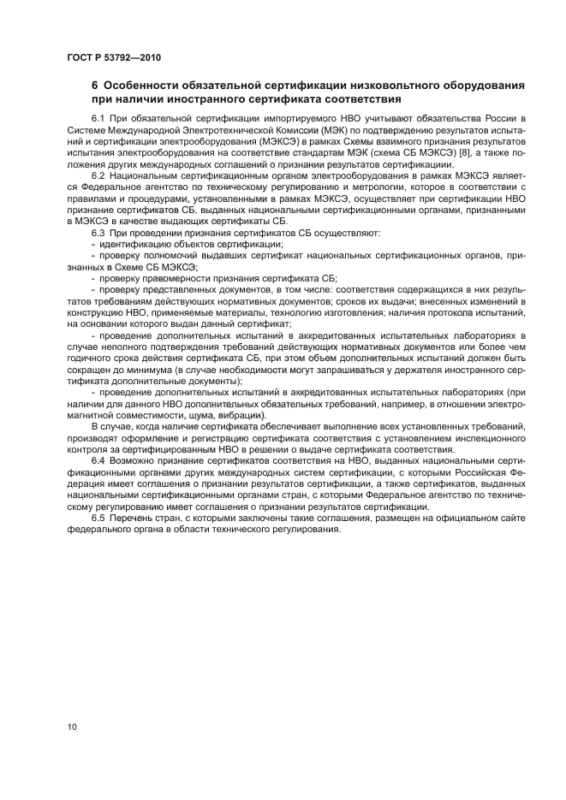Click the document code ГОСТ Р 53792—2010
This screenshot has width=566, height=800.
pyautogui.click(x=113, y=58)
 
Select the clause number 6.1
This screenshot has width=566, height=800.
pyautogui.click(x=98, y=117)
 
